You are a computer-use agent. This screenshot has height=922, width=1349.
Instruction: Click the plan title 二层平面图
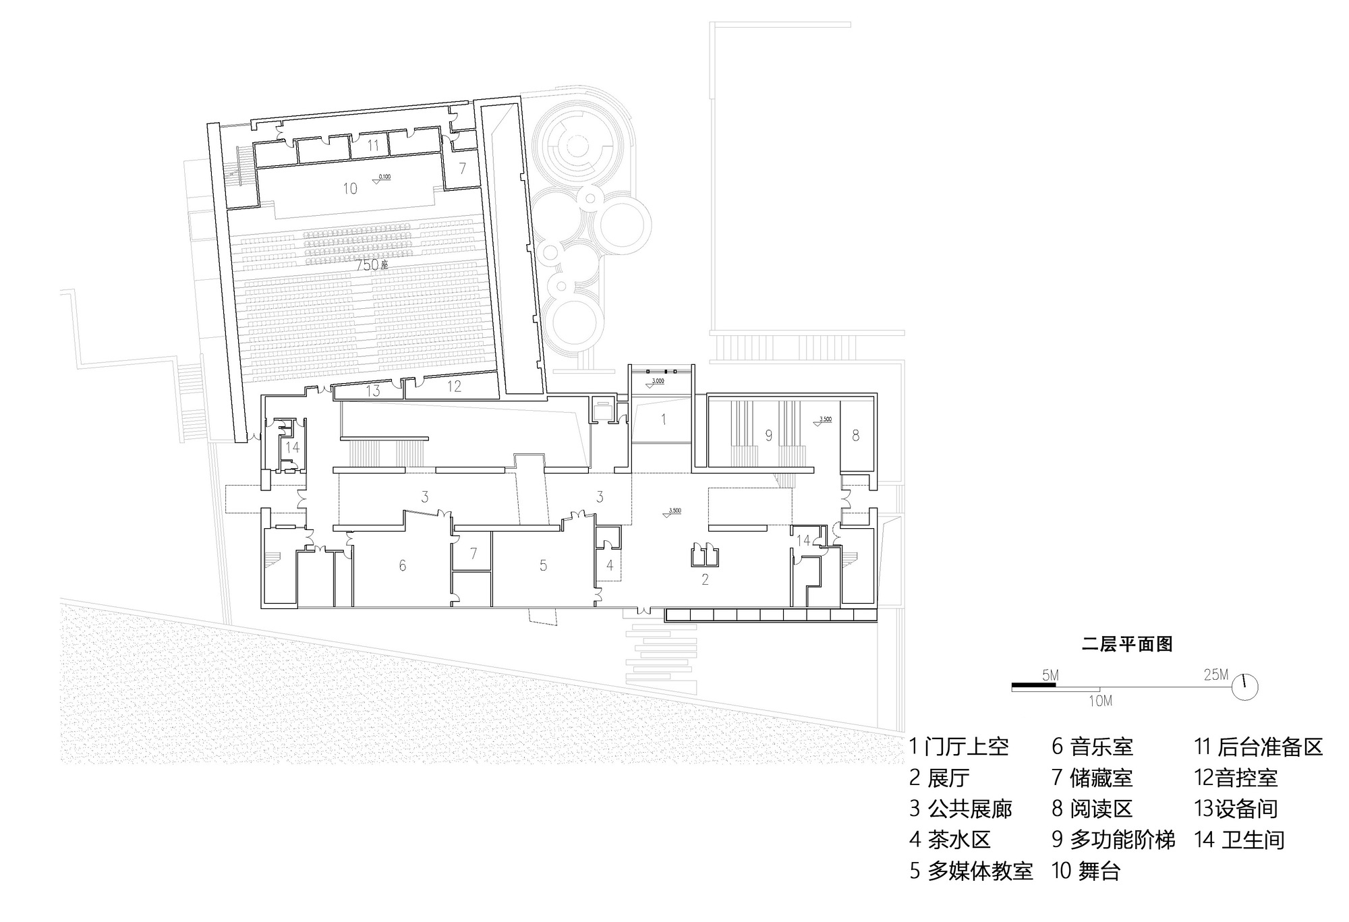1126,644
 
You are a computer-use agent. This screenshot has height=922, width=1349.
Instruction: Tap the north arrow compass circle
1245,687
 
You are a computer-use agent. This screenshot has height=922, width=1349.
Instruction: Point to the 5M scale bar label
1050,675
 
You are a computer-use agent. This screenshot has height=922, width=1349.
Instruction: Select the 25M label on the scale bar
1216,674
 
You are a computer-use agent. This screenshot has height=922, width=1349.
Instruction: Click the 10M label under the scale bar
1100,701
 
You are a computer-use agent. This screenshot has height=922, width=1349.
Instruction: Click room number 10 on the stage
349,188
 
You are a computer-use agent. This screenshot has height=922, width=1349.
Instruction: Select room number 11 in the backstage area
373,144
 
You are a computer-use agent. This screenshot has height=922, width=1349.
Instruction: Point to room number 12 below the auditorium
454,386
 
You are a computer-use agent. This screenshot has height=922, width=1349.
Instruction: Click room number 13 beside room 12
373,391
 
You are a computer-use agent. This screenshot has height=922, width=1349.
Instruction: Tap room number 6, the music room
403,565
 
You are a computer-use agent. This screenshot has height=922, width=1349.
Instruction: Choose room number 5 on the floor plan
543,565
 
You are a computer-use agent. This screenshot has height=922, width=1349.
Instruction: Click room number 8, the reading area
855,435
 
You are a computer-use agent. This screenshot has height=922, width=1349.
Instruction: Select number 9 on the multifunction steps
768,436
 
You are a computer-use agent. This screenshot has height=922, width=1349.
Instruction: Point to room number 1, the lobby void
663,420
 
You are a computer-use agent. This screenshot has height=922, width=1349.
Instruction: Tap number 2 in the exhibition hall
705,579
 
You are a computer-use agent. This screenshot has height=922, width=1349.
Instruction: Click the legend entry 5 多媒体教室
971,871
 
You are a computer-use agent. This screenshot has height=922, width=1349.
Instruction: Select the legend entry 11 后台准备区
1258,747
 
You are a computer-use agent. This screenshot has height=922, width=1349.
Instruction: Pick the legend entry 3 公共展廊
960,809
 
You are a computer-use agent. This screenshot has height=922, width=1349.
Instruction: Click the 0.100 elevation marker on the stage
382,178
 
